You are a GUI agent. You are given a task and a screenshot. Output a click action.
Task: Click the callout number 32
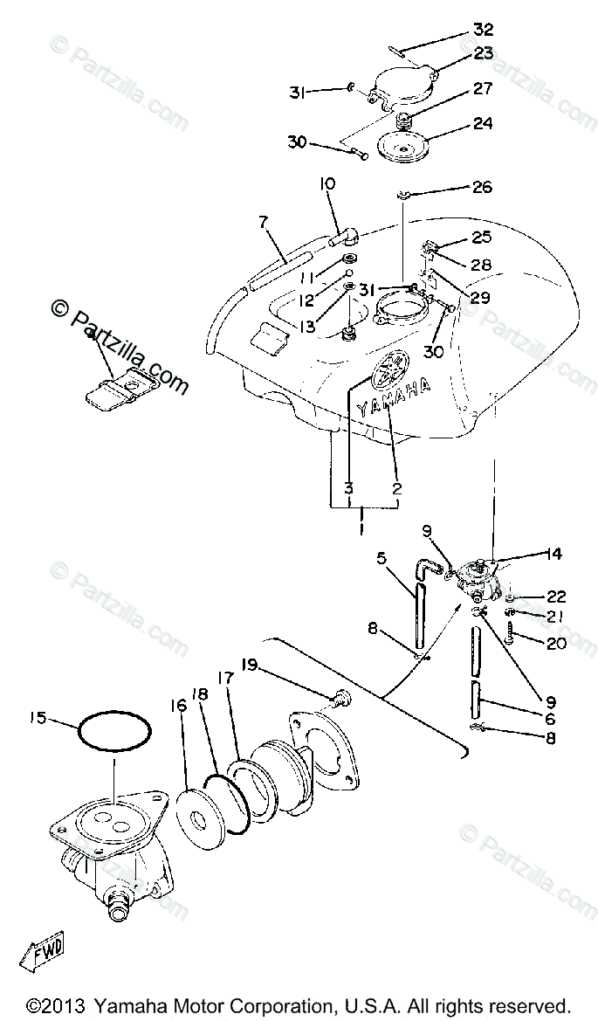[484, 29]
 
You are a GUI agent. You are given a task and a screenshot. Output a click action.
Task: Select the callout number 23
[484, 52]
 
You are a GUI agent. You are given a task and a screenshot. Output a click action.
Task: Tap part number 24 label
[484, 123]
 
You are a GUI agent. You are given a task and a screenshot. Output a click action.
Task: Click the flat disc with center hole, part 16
[203, 817]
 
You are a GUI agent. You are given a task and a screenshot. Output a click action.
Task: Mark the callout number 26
[482, 187]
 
